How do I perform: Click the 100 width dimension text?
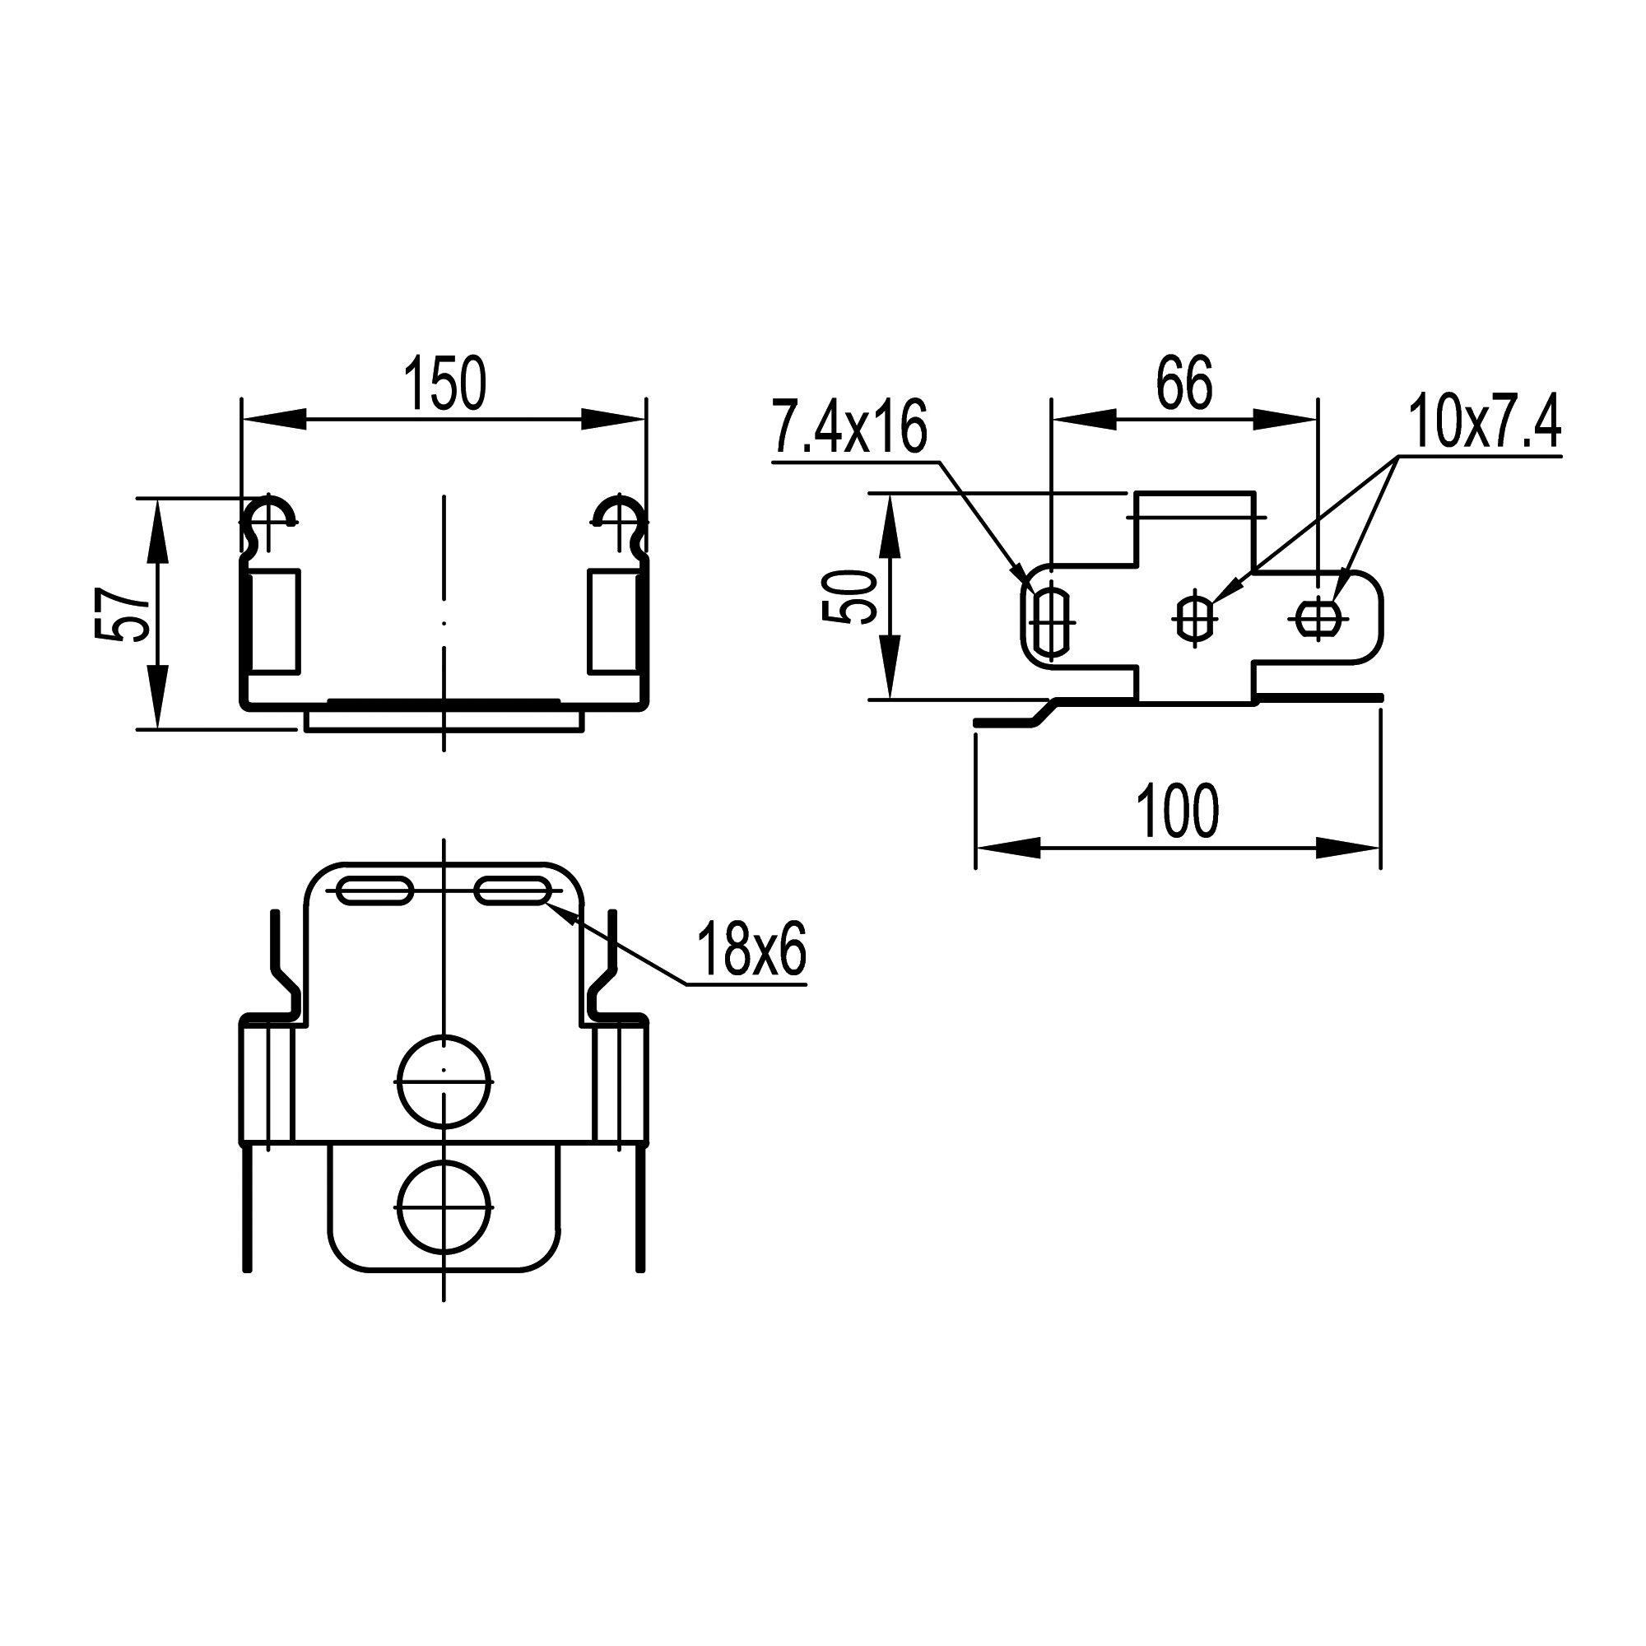coord(1178,812)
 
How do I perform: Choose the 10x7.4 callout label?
coord(1484,421)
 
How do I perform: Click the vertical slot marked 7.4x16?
coord(1053,621)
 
